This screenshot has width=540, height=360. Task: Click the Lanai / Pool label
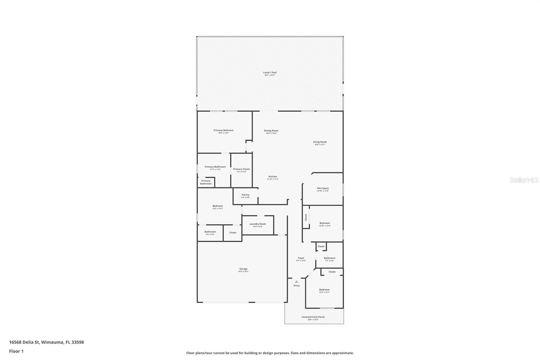(x=270, y=73)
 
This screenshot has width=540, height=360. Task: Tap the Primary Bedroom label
(x=223, y=130)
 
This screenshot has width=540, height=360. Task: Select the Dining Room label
(x=271, y=131)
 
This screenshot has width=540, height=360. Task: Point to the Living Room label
(x=320, y=142)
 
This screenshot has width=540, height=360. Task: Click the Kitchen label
(x=273, y=177)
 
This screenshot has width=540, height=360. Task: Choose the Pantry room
(x=245, y=196)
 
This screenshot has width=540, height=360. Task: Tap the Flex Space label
(x=323, y=188)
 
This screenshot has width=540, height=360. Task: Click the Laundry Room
(x=258, y=225)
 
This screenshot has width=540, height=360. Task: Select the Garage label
(x=243, y=269)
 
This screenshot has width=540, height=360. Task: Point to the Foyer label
(x=301, y=258)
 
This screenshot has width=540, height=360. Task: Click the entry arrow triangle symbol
(x=296, y=281)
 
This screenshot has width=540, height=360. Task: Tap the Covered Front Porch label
(x=313, y=317)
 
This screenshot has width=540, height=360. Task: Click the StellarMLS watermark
(x=524, y=180)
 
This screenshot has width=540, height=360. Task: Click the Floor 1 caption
(x=16, y=351)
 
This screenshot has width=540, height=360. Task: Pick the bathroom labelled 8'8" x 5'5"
(x=210, y=233)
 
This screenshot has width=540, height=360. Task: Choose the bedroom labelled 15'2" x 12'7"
(x=218, y=207)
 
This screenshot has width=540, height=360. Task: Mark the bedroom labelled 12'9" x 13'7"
(x=324, y=290)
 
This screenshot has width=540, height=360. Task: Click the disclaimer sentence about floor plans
(x=270, y=353)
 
